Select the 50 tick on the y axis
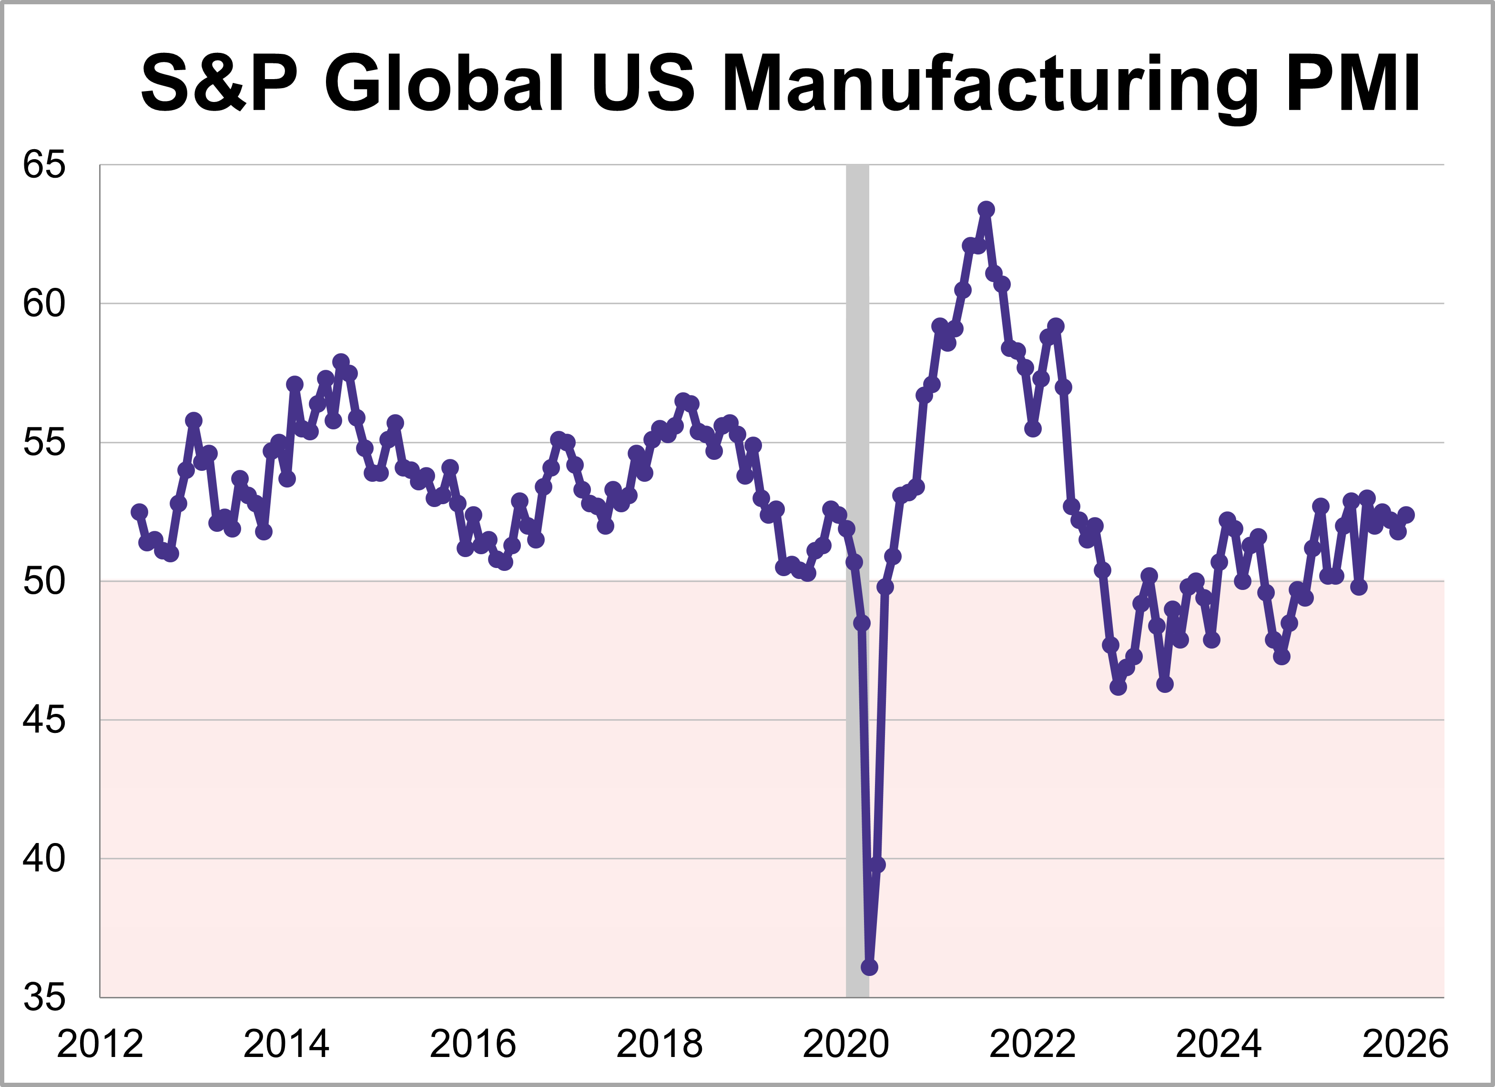point(44,581)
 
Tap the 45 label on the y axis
point(44,720)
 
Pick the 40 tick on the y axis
point(44,858)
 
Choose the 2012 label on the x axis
point(100,1044)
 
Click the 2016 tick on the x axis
point(473,1044)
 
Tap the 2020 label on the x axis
point(846,1044)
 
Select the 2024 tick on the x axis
point(1218,1044)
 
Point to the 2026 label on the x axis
point(1405,1044)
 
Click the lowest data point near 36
point(869,967)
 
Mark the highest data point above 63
point(986,210)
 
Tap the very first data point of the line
point(139,511)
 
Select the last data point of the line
point(1405,515)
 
